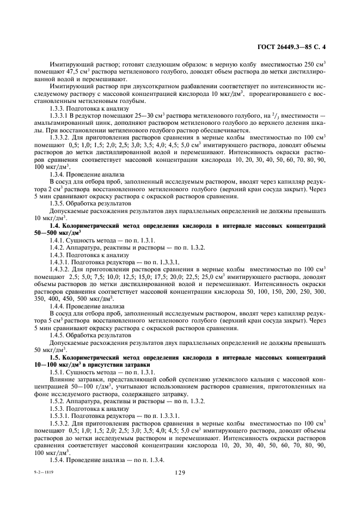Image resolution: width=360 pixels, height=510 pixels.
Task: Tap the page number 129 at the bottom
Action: [x=181, y=473]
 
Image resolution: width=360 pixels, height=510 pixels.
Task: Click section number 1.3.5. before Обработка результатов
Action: [x=59, y=203]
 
